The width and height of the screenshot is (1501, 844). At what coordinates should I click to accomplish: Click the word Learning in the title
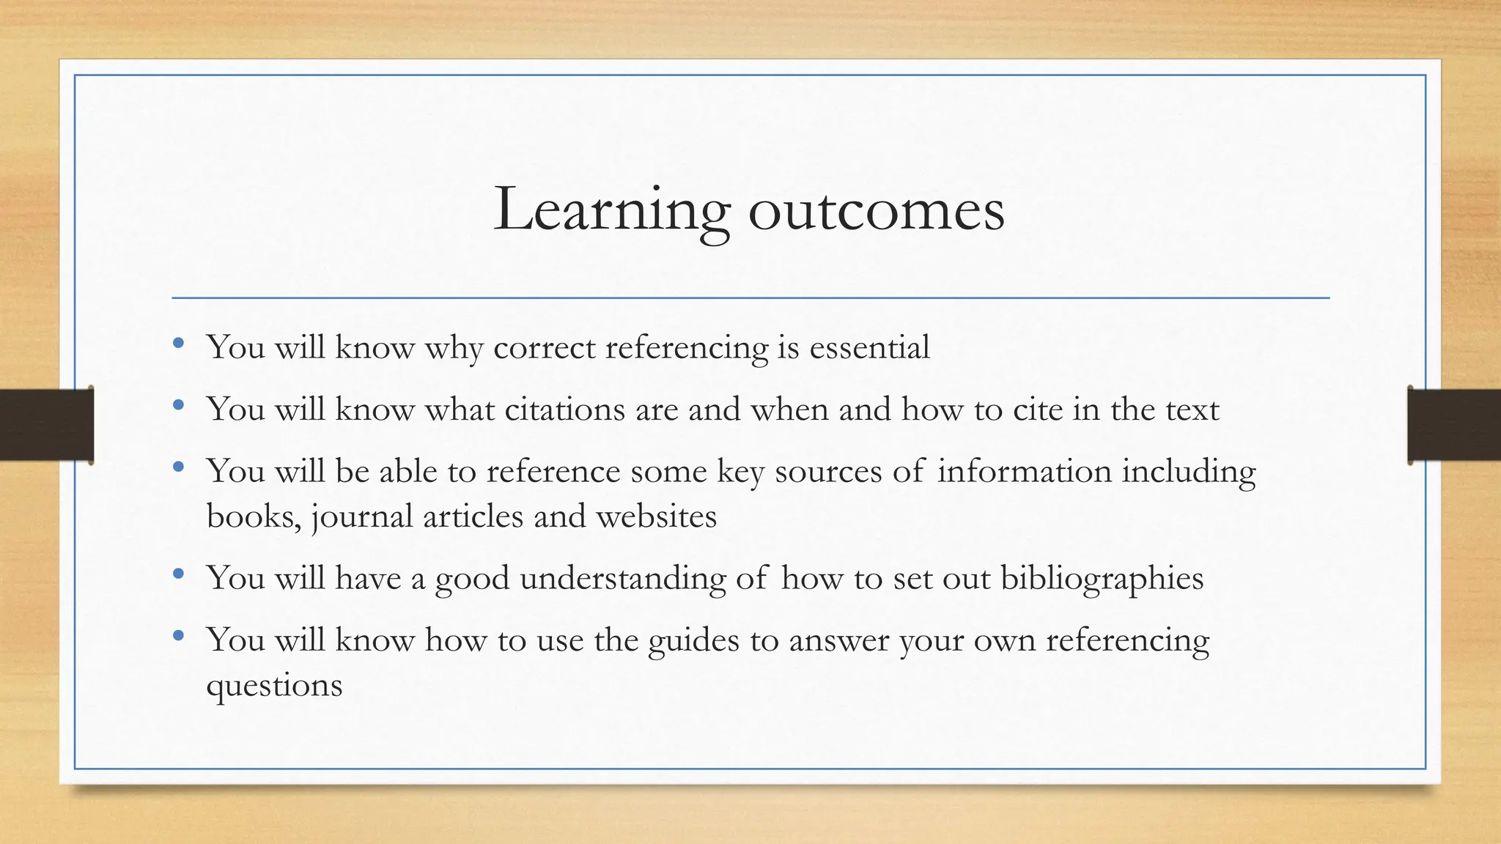(612, 210)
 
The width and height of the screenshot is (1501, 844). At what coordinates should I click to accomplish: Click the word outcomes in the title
(876, 210)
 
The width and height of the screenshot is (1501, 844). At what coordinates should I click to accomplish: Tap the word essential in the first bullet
(869, 347)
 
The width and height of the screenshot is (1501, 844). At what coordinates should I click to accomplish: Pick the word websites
(656, 517)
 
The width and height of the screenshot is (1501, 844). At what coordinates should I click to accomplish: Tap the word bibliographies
(1102, 578)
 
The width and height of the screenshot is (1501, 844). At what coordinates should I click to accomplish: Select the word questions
(274, 686)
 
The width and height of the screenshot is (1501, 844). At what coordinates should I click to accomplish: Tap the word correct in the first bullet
(544, 347)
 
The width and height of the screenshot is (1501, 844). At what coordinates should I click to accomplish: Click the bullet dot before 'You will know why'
(179, 343)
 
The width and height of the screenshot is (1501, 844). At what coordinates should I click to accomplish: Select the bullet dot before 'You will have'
(179, 574)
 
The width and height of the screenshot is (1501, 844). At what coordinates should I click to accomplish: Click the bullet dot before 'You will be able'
(179, 467)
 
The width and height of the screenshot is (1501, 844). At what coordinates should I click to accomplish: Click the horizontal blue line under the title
(750, 298)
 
